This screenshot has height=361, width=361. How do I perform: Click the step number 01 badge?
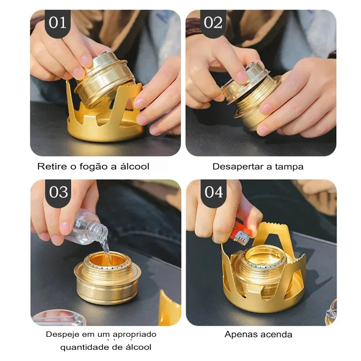point(58,23)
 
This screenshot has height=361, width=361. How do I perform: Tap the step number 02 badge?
point(213,23)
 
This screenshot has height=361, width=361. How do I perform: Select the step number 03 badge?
point(58,192)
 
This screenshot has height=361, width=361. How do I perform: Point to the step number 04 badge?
point(213,192)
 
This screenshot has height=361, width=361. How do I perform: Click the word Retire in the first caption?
point(52,167)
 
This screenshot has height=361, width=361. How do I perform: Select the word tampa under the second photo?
point(289,167)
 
